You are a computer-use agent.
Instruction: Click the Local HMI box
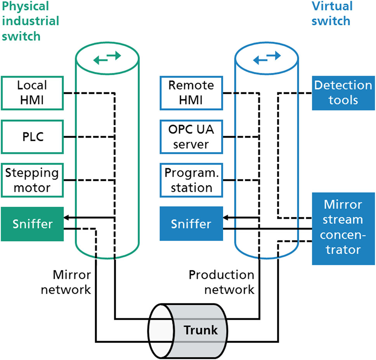(32, 93)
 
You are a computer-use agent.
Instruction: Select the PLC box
(32, 137)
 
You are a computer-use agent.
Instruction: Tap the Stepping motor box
(32, 180)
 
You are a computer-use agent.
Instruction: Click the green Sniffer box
(32, 224)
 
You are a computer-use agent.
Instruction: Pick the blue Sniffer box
(191, 224)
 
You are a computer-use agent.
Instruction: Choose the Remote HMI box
(191, 93)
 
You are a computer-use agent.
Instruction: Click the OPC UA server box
(191, 137)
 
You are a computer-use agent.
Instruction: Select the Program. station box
(191, 180)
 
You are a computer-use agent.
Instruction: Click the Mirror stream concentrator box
(343, 227)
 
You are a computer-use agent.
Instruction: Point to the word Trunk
(201, 331)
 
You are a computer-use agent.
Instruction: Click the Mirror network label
(72, 282)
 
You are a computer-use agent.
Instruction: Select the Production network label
(222, 282)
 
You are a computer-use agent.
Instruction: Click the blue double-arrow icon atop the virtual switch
(266, 59)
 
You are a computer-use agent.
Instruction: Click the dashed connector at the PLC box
(89, 137)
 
